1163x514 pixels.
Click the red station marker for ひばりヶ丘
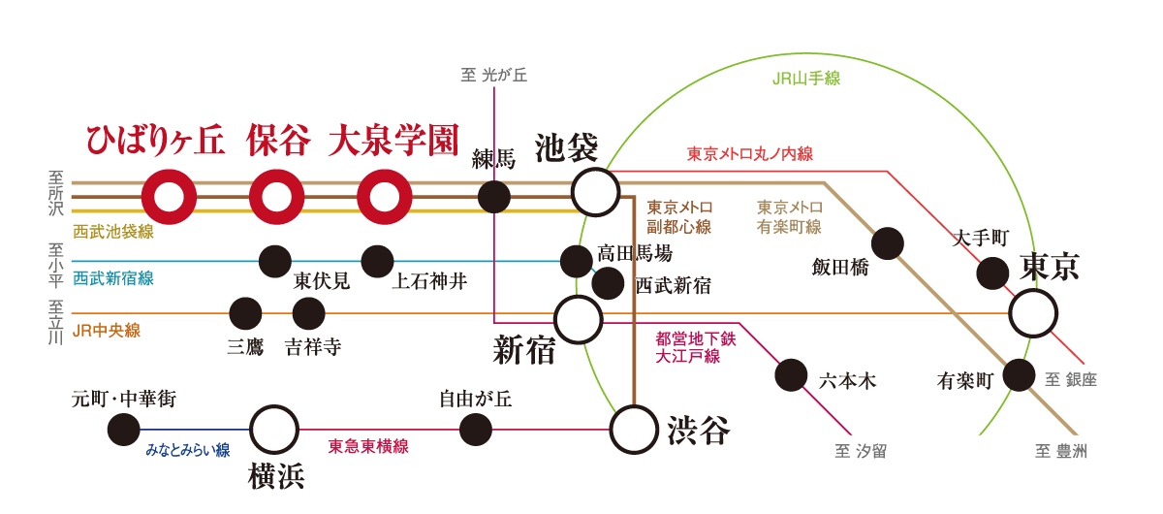[x=170, y=197]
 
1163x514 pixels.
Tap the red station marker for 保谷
[x=277, y=197]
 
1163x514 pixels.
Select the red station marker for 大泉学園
[x=385, y=197]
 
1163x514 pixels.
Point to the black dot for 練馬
[x=494, y=196]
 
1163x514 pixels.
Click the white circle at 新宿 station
[x=578, y=318]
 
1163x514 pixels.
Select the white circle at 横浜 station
[x=274, y=429]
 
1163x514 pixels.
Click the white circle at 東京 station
[x=1033, y=312]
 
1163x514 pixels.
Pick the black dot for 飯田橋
[x=888, y=242]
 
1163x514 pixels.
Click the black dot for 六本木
[x=792, y=374]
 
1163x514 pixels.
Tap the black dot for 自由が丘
[x=475, y=429]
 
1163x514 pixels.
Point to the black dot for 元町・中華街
[x=123, y=429]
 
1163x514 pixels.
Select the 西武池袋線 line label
[x=113, y=232]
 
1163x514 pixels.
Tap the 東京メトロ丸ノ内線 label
[x=749, y=152]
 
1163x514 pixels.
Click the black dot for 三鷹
[x=245, y=313]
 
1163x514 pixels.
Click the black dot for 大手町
[x=992, y=273]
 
